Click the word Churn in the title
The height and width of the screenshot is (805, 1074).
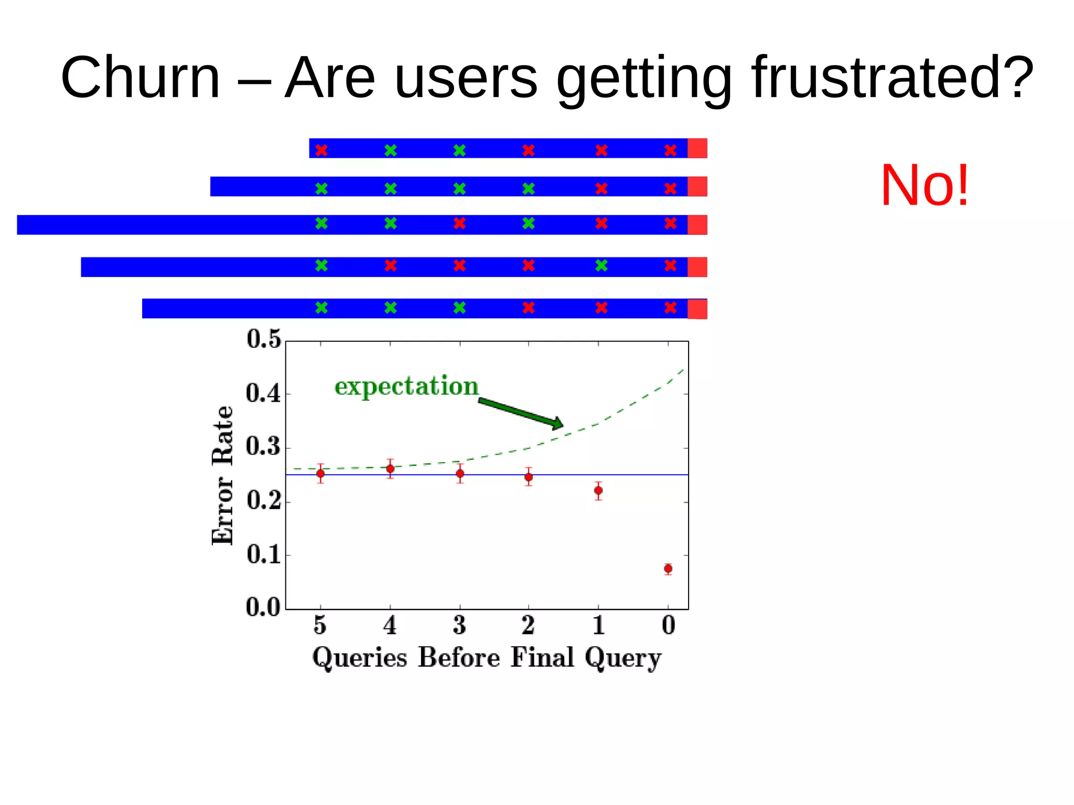[x=141, y=78]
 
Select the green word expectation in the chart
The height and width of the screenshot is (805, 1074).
[x=406, y=387]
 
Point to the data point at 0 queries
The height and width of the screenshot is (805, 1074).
[x=668, y=568]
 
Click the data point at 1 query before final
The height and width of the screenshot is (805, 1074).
[x=598, y=490]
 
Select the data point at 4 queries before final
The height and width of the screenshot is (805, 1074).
[x=390, y=468]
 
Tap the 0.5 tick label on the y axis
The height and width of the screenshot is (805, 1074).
[x=264, y=339]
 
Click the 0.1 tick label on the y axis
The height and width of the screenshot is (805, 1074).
[x=264, y=555]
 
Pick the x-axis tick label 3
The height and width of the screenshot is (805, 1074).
[x=459, y=626]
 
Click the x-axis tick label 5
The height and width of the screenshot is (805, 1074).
[x=320, y=626]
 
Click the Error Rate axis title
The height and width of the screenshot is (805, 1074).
[x=222, y=475]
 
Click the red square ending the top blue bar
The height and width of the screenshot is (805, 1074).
[x=697, y=148]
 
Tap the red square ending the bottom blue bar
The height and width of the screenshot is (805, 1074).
[x=697, y=308]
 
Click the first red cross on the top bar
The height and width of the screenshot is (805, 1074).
[x=321, y=151]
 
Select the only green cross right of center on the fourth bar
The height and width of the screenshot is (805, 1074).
[x=602, y=265]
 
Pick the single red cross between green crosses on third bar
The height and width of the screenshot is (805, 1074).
[x=459, y=223]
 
